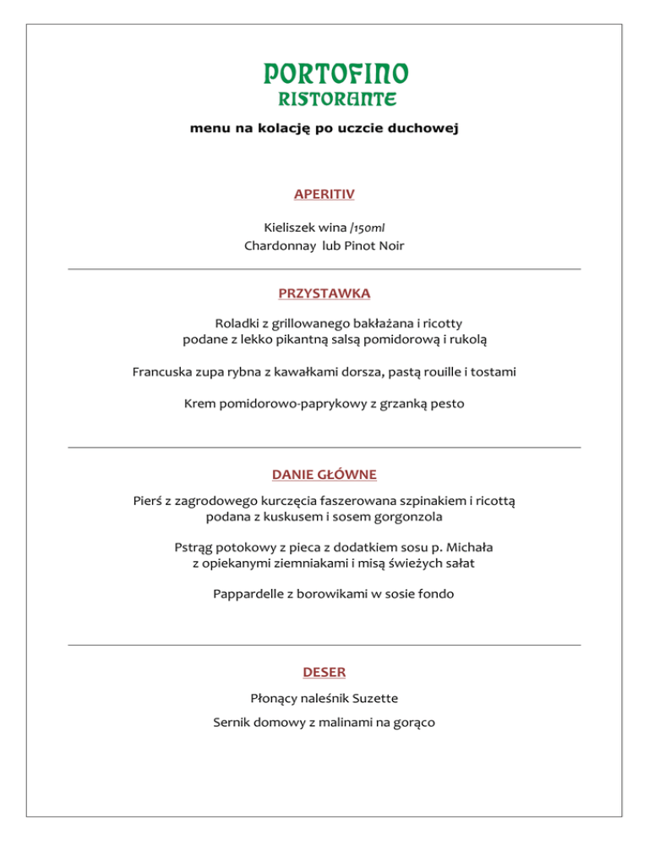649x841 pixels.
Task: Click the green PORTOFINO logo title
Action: [324, 74]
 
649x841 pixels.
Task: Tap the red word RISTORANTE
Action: [325, 99]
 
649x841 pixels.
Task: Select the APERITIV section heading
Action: [324, 195]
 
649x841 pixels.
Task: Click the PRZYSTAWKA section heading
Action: [324, 294]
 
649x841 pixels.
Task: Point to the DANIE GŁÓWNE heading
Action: [324, 474]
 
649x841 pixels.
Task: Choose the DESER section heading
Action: [324, 673]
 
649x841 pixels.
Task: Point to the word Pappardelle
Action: [249, 594]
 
